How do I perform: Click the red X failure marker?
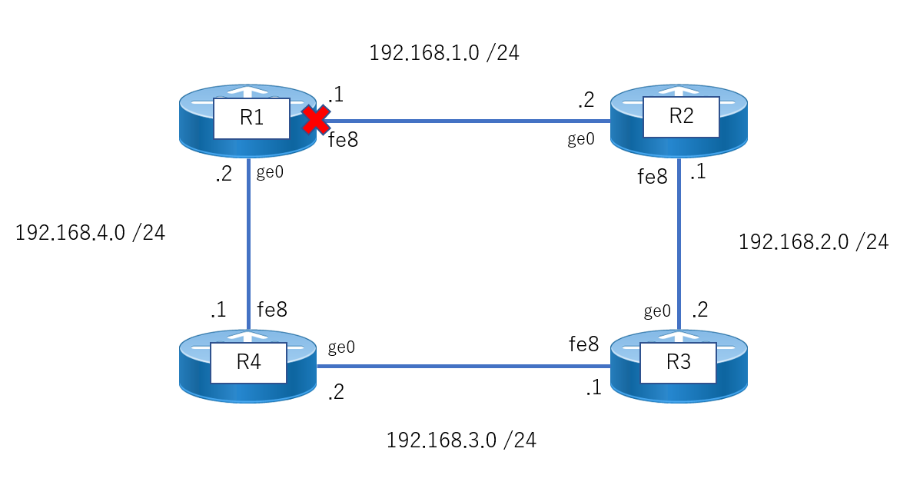[x=316, y=120]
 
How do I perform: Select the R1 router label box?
[x=251, y=118]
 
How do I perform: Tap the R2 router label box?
[x=681, y=117]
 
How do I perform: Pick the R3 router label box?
[x=678, y=363]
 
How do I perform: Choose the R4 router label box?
[x=249, y=363]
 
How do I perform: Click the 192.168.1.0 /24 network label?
[x=444, y=53]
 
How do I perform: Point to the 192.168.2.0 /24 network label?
[x=813, y=241]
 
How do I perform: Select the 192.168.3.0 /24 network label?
[x=461, y=440]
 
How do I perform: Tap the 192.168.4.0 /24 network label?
[x=90, y=233]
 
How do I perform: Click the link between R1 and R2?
[x=463, y=121]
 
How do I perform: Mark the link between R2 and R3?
[x=679, y=244]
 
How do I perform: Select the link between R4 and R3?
[x=463, y=367]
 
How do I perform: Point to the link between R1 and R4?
[x=249, y=244]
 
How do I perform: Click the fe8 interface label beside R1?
[x=344, y=140]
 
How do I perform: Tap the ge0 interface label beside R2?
[x=581, y=139]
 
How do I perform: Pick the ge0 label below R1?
[x=270, y=172]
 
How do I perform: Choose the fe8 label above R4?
[x=272, y=309]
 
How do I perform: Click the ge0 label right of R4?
[x=341, y=347]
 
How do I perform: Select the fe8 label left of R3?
[x=584, y=344]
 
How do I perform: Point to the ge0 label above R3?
[x=657, y=311]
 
